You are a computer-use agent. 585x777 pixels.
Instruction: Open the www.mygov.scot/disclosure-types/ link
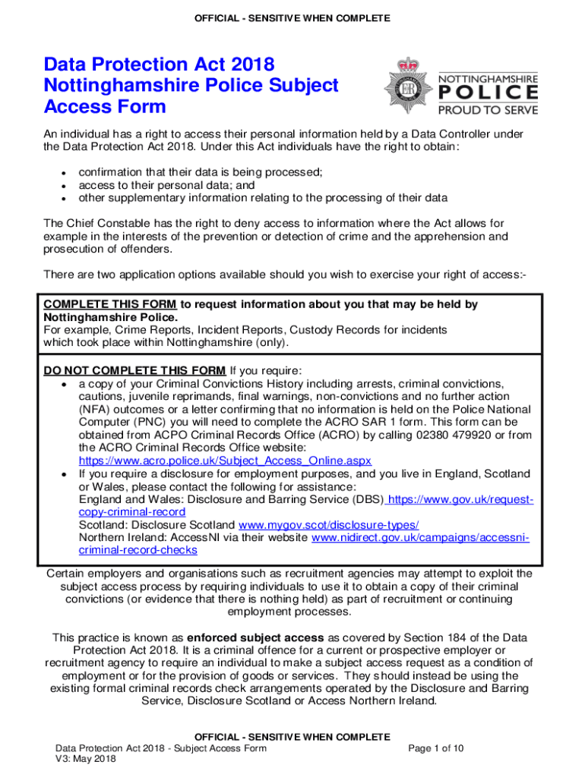point(328,525)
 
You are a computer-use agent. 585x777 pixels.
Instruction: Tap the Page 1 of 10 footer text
point(436,749)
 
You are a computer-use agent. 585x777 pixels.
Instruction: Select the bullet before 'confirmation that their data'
point(62,173)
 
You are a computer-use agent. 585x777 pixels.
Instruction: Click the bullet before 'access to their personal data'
point(62,186)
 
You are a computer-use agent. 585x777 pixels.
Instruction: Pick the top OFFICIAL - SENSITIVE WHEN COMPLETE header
point(292,17)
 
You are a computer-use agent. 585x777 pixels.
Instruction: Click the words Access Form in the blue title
point(105,107)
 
